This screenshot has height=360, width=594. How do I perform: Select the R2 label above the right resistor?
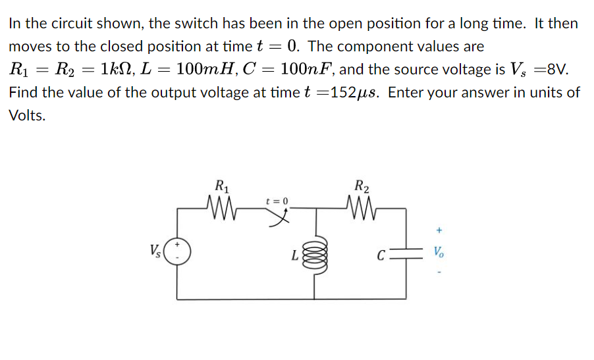(x=361, y=185)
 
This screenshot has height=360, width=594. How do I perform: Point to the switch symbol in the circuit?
(x=283, y=216)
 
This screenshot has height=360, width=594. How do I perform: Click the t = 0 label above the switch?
(x=277, y=199)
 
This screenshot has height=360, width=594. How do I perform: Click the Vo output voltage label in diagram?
(x=439, y=252)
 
